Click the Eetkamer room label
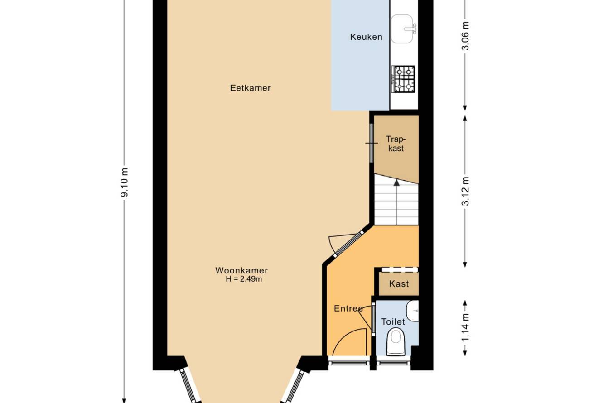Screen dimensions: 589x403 click(x=250, y=88)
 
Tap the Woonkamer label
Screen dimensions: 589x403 click(x=241, y=270)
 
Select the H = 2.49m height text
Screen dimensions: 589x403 click(x=244, y=279)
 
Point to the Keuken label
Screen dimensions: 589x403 click(x=366, y=37)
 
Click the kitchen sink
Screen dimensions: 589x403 click(x=402, y=29)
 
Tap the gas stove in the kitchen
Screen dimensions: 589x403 click(x=403, y=79)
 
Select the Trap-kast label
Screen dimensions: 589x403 click(x=396, y=144)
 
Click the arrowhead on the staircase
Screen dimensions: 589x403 click(x=396, y=182)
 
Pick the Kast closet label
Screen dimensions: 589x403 click(x=399, y=284)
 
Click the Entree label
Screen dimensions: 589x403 click(x=348, y=308)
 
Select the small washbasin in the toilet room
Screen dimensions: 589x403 click(x=413, y=311)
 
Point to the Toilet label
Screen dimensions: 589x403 click(x=393, y=321)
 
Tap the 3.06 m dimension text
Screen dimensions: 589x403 click(x=466, y=35)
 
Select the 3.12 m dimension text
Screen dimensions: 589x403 click(x=466, y=191)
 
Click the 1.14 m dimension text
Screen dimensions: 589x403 click(x=466, y=327)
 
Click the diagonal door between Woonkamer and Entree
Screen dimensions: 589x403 click(x=349, y=245)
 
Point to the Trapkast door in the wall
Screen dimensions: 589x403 click(x=372, y=143)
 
